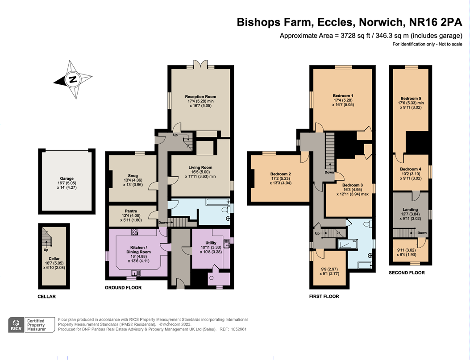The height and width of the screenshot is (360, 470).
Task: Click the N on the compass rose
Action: pos(72,80)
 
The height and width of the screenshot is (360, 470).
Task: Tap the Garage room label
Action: pos(67,178)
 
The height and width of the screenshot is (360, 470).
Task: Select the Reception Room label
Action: pos(200,97)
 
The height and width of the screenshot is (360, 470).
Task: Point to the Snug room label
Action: pos(133,176)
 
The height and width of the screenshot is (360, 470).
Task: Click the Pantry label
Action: pos(131,211)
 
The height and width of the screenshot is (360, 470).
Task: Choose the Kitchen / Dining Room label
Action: pos(138,250)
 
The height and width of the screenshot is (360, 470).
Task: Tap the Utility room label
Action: pos(211,243)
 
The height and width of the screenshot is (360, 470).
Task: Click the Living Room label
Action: pos(200,168)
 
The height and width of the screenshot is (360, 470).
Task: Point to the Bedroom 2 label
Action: pos(281,174)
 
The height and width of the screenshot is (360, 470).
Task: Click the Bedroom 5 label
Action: pos(411,99)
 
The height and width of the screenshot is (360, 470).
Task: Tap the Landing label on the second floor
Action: pos(410,210)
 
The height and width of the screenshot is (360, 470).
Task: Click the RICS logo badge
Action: pos(16,325)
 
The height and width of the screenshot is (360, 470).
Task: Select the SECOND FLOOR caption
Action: pos(407,273)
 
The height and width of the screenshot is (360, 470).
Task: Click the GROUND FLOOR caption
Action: pos(123,288)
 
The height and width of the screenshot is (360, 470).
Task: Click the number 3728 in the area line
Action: pos(349,36)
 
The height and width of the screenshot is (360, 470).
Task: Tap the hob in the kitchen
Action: pos(135,232)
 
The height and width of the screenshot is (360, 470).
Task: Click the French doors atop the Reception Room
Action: pos(200,64)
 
